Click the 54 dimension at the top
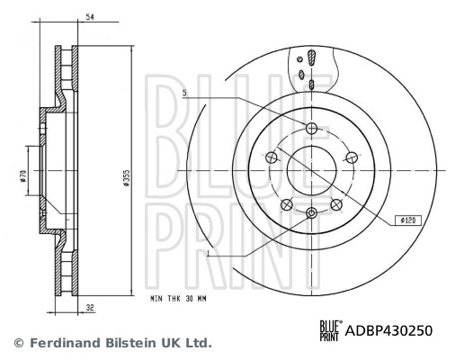[89, 16]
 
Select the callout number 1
[210, 255]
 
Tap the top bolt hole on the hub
[311, 129]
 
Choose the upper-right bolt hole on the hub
[351, 157]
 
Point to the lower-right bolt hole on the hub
[335, 203]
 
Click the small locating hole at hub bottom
[311, 213]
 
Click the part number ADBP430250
[388, 330]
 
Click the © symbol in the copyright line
[18, 343]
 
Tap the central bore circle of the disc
[311, 169]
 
